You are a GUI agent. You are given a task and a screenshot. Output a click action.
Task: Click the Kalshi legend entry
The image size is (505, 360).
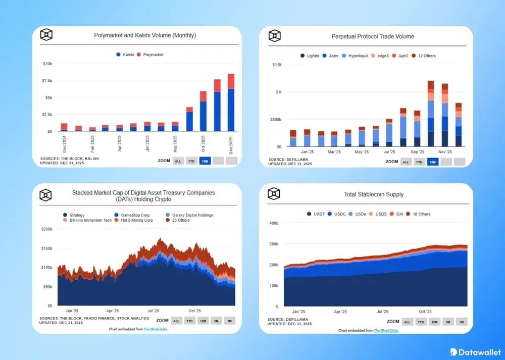127,55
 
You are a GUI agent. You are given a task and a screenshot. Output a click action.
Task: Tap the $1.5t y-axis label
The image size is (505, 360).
277,65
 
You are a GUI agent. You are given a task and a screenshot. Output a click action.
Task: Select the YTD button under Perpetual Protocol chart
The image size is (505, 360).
419,162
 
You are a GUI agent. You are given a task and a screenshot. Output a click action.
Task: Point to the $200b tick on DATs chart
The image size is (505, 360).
46,229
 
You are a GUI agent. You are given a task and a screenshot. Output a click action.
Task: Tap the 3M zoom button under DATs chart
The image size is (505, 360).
216,321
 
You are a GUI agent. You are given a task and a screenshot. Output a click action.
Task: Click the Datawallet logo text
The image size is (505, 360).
480,351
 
